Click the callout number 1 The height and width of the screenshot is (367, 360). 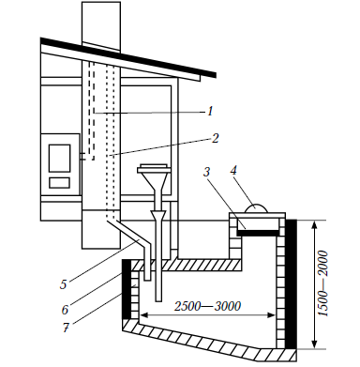[210, 111]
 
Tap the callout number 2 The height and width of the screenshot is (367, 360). [215, 138]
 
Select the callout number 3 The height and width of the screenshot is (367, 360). [207, 172]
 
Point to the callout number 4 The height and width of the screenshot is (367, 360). [233, 170]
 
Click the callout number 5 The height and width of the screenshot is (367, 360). [64, 284]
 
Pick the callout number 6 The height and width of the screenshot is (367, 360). [65, 310]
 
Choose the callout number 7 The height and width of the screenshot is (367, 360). [66, 328]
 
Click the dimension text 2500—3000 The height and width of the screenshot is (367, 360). [207, 306]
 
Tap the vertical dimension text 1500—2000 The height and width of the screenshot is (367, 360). [324, 284]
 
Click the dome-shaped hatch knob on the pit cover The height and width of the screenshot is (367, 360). [256, 208]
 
